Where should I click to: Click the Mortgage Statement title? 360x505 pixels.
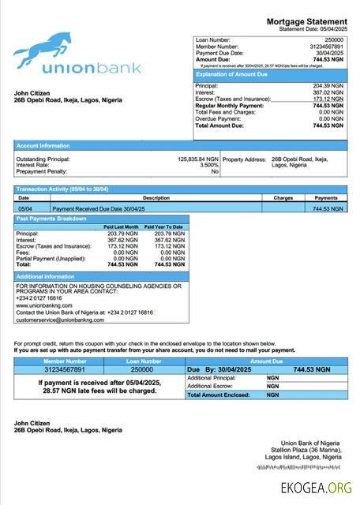click(x=306, y=21)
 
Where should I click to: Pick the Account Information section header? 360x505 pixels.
click(x=43, y=145)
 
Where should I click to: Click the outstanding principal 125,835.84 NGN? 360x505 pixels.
click(x=197, y=159)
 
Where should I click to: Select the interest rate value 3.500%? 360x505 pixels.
click(x=208, y=165)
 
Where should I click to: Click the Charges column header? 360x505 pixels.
click(x=283, y=197)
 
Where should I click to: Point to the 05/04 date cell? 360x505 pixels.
click(x=24, y=208)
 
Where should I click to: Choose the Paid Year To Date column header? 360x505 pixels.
click(x=163, y=226)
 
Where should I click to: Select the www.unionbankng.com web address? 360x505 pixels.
click(x=39, y=305)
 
